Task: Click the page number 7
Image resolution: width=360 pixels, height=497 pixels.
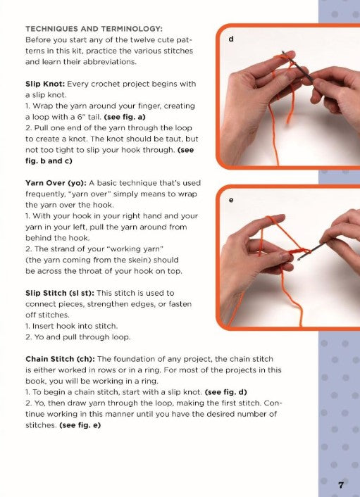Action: (340, 484)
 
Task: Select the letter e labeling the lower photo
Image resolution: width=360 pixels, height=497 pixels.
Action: (231, 200)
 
